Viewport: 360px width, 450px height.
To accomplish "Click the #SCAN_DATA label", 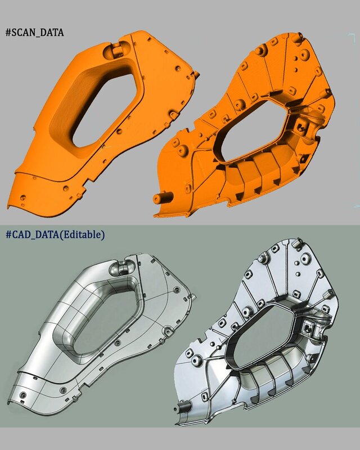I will coord(34,33).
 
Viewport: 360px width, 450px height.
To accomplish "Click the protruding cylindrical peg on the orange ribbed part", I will coord(161,197).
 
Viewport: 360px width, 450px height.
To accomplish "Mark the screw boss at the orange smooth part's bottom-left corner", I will coord(23,197).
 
